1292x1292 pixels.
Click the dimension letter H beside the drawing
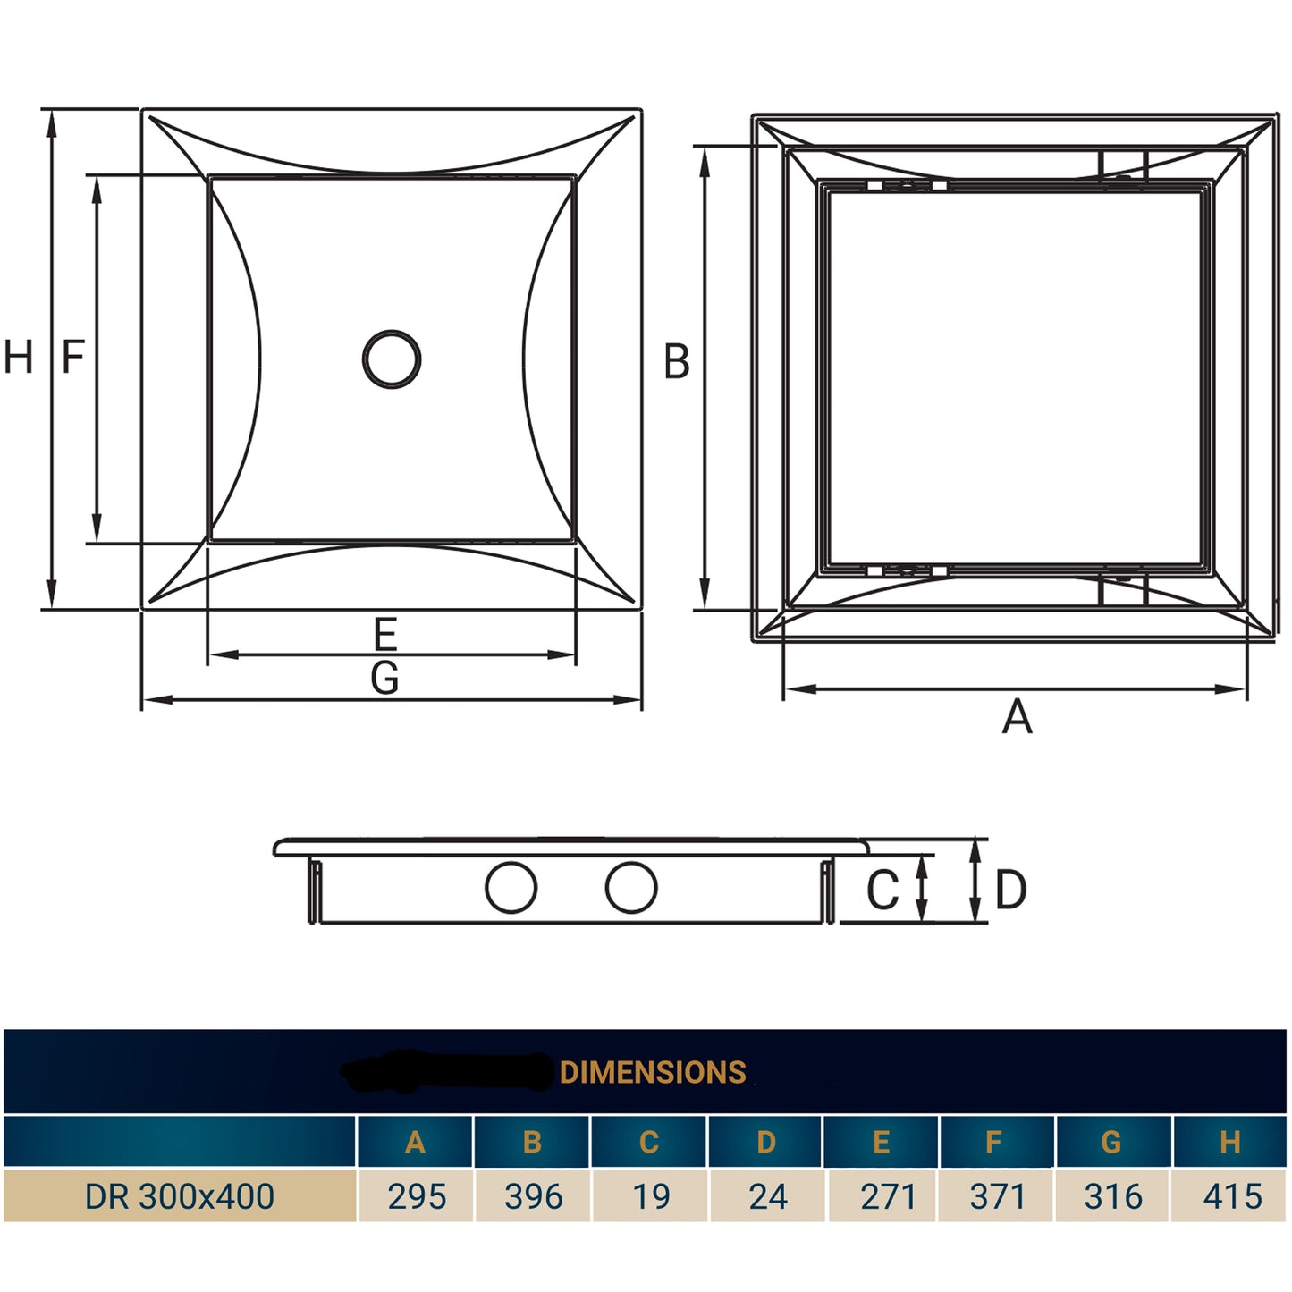click(x=18, y=357)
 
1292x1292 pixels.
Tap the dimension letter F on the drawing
click(x=73, y=357)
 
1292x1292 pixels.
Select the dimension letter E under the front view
click(x=385, y=634)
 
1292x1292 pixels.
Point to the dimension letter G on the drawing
click(x=384, y=677)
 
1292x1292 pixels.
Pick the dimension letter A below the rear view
click(x=1018, y=716)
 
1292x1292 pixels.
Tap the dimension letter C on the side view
click(x=883, y=890)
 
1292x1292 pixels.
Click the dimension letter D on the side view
click(x=1011, y=891)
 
